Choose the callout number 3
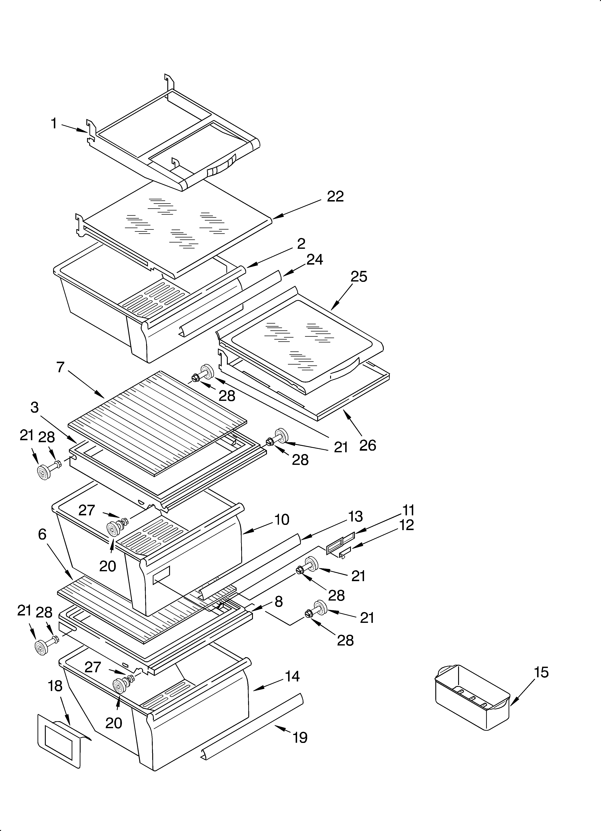pyautogui.click(x=35, y=408)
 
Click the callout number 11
pyautogui.click(x=408, y=510)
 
